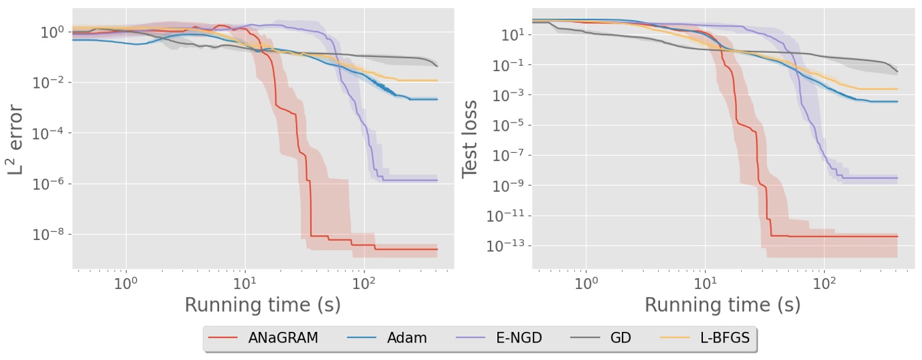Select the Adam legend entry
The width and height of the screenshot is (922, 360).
(x=407, y=338)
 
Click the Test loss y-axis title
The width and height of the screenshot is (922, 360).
(x=470, y=139)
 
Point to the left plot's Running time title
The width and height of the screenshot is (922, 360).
(x=263, y=305)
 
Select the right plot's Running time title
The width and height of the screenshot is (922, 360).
(x=722, y=305)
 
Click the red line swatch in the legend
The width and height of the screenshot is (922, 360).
(x=222, y=338)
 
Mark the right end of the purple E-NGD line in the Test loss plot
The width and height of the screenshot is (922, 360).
(x=897, y=178)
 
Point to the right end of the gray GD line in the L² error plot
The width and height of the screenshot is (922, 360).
(x=437, y=66)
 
